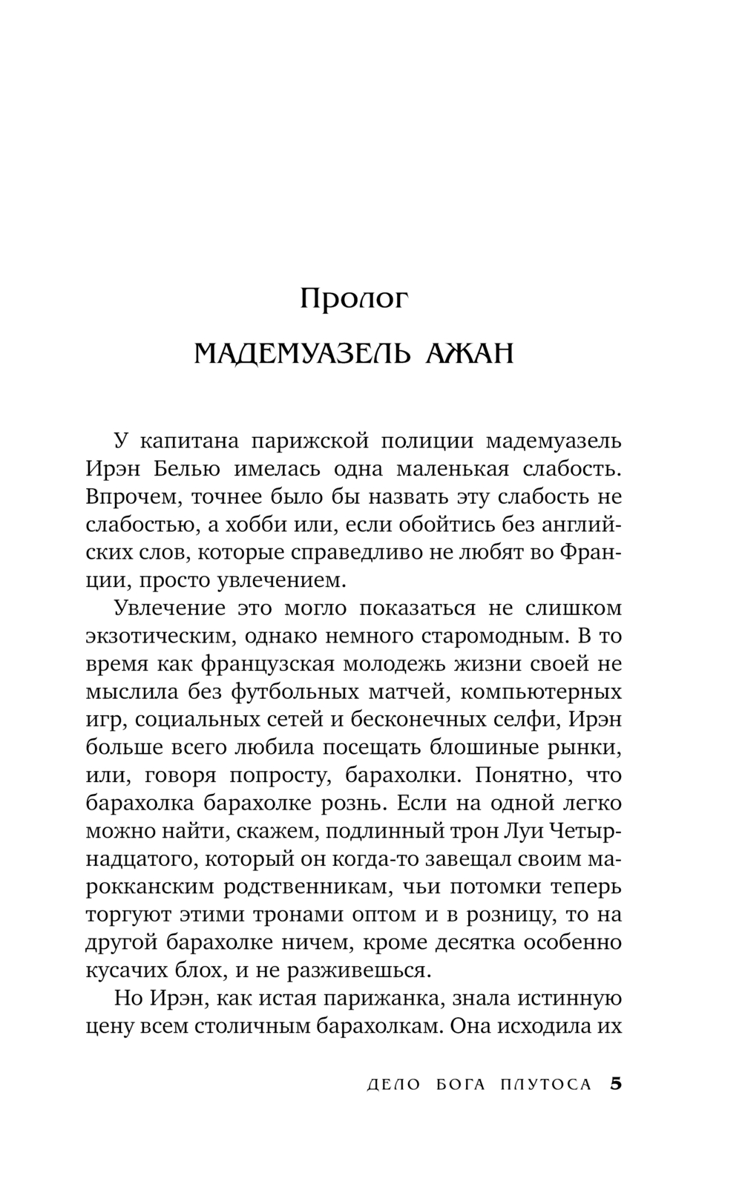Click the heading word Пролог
pos(355,299)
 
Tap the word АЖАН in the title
pos(470,354)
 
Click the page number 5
pos(615,1084)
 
